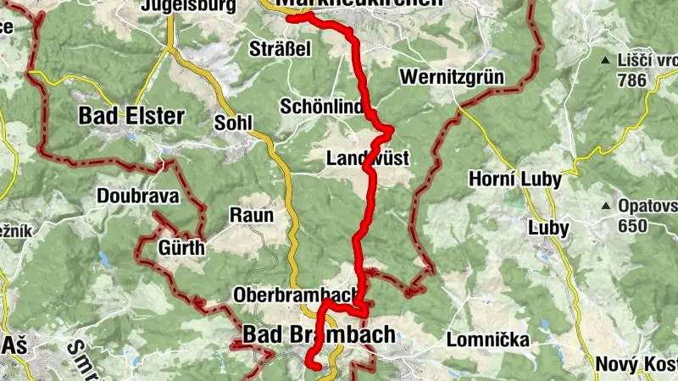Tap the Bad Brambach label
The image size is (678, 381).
coord(319,334)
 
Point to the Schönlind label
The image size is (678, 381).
coord(322,107)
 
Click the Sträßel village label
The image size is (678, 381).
coord(281,49)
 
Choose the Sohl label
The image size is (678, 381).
coord(234,124)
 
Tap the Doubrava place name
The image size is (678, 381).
coord(138,196)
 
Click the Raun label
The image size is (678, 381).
coord(252,216)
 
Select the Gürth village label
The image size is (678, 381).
coord(181,248)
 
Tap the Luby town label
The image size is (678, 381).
coord(548,228)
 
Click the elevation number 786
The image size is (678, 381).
coord(632,80)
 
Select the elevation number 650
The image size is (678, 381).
coord(633,226)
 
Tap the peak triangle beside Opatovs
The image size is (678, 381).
coord(606,206)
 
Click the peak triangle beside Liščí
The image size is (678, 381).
coord(605,60)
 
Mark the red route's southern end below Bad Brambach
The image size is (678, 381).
coord(314,367)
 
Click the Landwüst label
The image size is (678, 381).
coord(368,158)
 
